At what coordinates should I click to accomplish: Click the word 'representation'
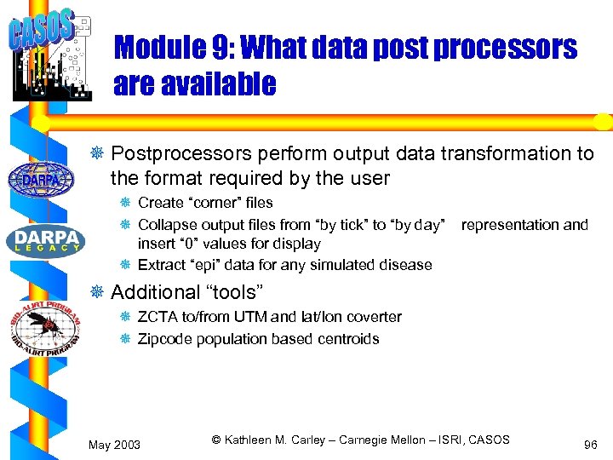coord(507,225)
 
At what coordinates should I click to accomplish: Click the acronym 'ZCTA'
coord(156,317)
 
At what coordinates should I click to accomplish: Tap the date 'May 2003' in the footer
coord(116,446)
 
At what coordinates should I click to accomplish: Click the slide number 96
coord(590,446)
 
